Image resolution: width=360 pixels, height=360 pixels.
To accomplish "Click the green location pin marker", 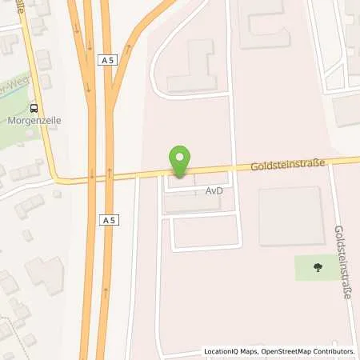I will (x=181, y=162).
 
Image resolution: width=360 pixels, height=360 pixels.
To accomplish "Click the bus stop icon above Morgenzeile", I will (x=34, y=110).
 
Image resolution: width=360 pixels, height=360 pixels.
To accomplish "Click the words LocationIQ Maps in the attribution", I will (x=232, y=350).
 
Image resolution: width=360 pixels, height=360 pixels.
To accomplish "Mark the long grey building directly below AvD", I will (x=192, y=205).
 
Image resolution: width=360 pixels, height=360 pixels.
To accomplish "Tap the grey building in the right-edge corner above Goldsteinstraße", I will (x=348, y=110).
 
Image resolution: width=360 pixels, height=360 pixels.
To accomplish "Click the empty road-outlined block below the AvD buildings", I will (x=205, y=231).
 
